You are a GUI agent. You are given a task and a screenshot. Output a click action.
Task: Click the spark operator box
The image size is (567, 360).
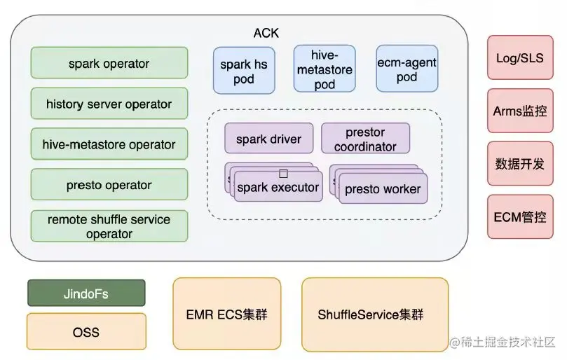[x=109, y=63]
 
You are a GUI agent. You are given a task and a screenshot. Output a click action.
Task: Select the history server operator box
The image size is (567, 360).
[x=109, y=104]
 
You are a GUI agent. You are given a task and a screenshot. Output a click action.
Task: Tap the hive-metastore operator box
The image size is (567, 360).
[x=109, y=144]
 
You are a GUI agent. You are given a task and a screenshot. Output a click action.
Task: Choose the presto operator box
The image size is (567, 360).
[x=109, y=185]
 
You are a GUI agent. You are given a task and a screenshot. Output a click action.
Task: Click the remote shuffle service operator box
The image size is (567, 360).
[x=109, y=226]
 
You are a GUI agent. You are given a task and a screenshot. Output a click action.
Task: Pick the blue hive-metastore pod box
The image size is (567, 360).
[x=325, y=69]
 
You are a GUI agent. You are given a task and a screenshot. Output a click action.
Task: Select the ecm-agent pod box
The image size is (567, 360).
[x=407, y=69]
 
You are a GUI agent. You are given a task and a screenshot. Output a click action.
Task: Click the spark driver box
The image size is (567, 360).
[x=268, y=139]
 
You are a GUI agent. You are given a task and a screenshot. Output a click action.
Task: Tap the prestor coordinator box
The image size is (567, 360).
[x=365, y=139]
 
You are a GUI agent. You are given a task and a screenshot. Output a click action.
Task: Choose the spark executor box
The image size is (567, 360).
[x=278, y=187]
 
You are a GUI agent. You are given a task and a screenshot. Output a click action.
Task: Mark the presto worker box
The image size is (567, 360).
[x=383, y=188]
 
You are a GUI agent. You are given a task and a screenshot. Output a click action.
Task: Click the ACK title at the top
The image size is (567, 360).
[x=266, y=33]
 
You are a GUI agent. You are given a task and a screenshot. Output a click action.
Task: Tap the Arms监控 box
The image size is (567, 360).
[x=519, y=111]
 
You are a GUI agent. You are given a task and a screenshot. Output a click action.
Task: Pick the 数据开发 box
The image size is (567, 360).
[x=519, y=164]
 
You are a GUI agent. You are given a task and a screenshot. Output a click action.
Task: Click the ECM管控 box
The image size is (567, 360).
[x=519, y=216]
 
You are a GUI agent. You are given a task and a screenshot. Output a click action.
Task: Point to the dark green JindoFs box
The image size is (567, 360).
[x=86, y=293]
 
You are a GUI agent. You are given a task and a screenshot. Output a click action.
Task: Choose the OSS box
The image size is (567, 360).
[x=86, y=331]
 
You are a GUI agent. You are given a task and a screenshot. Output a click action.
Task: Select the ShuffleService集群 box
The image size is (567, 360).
[x=374, y=314]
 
